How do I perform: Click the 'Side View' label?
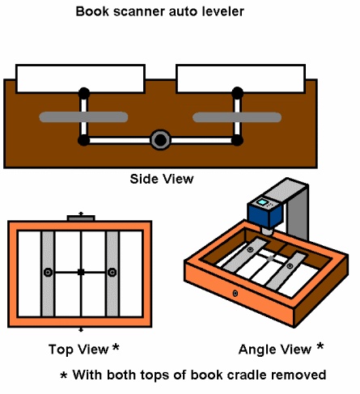pyautogui.click(x=162, y=179)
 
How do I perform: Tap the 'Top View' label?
pyautogui.click(x=78, y=350)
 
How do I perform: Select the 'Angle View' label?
pyautogui.click(x=275, y=350)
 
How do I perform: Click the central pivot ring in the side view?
pyautogui.click(x=160, y=140)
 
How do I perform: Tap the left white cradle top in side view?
pyautogui.click(x=80, y=78)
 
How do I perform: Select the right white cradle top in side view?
pyautogui.click(x=241, y=78)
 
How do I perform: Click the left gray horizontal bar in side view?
pyautogui.click(x=83, y=117)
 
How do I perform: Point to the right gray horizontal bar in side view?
pyautogui.click(x=237, y=117)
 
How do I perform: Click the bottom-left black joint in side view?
pyautogui.click(x=83, y=141)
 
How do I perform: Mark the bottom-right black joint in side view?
pyautogui.click(x=237, y=141)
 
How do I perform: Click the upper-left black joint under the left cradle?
pyautogui.click(x=84, y=93)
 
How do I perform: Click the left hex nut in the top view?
pyautogui.click(x=49, y=273)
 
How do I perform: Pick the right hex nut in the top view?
pyautogui.click(x=112, y=273)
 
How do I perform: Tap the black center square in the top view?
pyautogui.click(x=81, y=272)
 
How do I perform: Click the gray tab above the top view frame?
pyautogui.click(x=81, y=218)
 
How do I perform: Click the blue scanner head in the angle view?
pyautogui.click(x=265, y=213)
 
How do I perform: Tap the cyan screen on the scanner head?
pyautogui.click(x=262, y=202)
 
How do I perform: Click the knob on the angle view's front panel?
pyautogui.click(x=235, y=293)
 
